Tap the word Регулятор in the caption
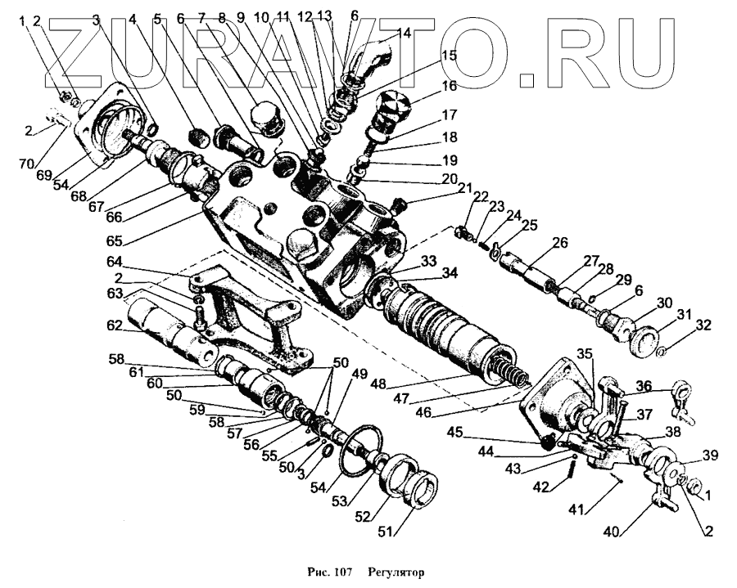(x=396, y=571)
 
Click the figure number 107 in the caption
(x=341, y=571)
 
